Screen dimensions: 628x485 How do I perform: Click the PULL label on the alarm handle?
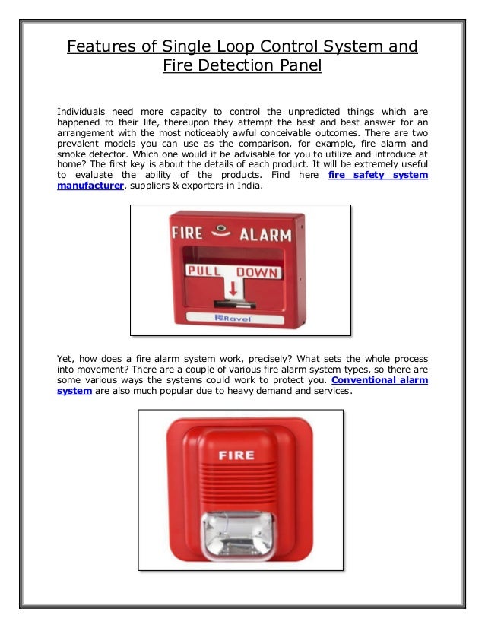[x=206, y=271]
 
